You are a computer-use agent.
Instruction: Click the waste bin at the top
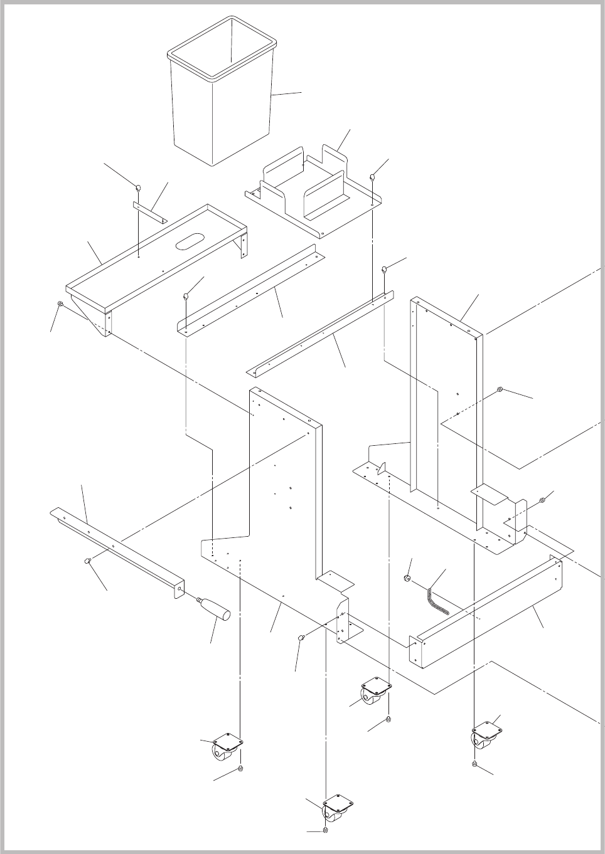coord(223,94)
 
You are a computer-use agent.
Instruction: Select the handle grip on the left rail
coord(215,608)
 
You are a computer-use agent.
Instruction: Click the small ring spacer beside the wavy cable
coord(407,577)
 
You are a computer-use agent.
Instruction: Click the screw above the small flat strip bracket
coord(138,186)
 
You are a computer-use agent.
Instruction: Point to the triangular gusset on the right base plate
coord(382,468)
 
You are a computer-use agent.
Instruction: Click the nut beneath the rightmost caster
coord(475,764)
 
